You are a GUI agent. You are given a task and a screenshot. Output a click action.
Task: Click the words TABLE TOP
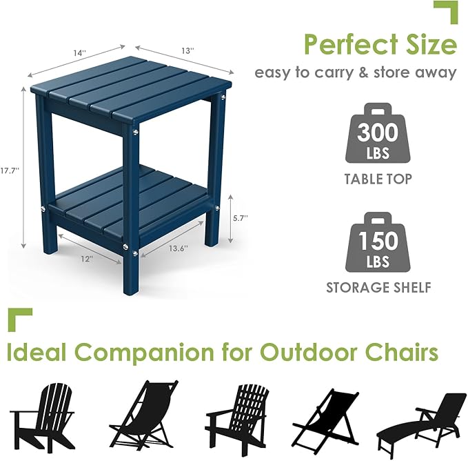coord(378,179)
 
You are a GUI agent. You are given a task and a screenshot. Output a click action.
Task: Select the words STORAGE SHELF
coord(378,287)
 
